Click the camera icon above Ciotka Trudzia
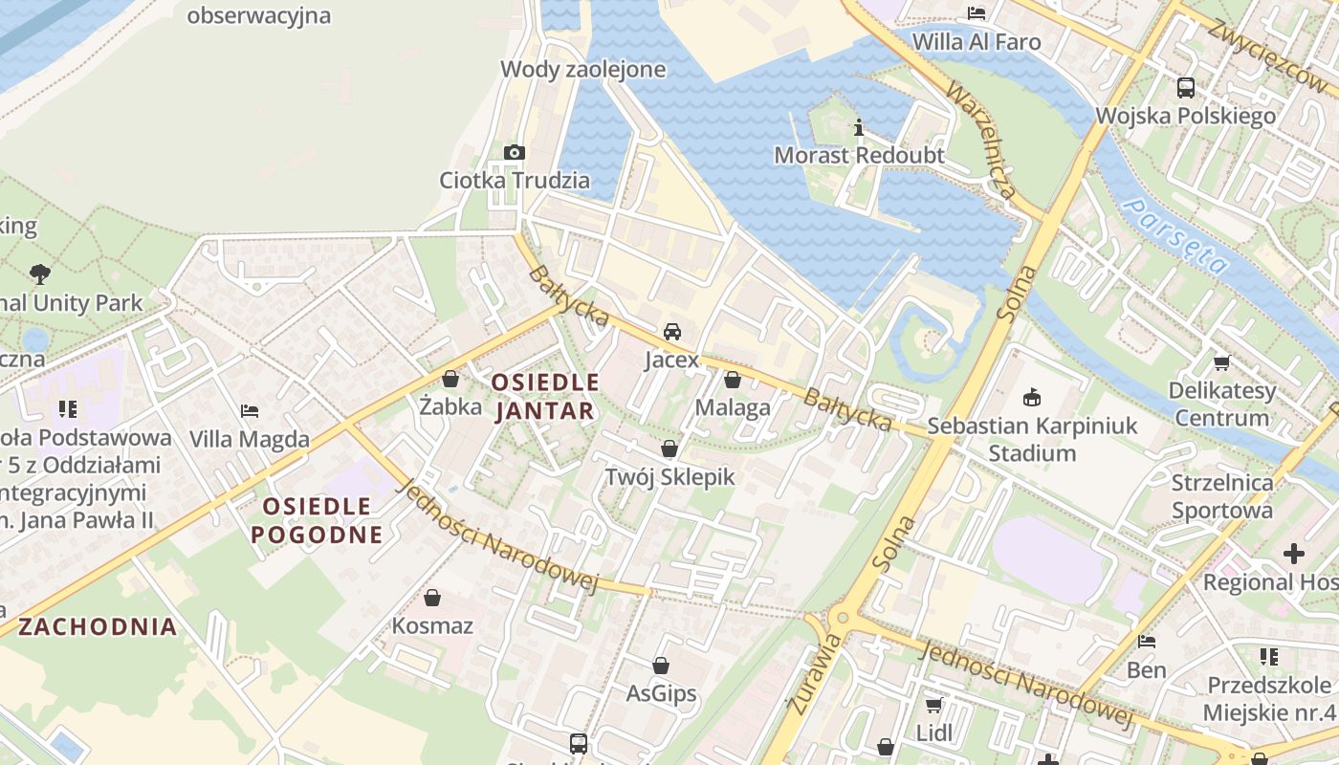(515, 153)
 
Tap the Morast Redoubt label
(859, 155)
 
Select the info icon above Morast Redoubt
(859, 127)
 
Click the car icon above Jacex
(672, 332)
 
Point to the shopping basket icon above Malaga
(733, 380)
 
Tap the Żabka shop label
(450, 406)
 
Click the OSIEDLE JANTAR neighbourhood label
(544, 397)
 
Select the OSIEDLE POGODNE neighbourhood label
(317, 520)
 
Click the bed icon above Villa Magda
(250, 411)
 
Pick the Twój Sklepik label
(669, 476)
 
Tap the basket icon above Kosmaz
(432, 598)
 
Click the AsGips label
(661, 693)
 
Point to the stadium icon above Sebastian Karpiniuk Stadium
(1032, 397)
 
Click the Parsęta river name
(1175, 235)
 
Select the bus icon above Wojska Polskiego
(1186, 88)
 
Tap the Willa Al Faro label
(977, 42)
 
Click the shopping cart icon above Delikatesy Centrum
(1221, 362)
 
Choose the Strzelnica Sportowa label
(1222, 496)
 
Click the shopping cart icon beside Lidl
(933, 705)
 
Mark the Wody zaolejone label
(583, 69)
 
